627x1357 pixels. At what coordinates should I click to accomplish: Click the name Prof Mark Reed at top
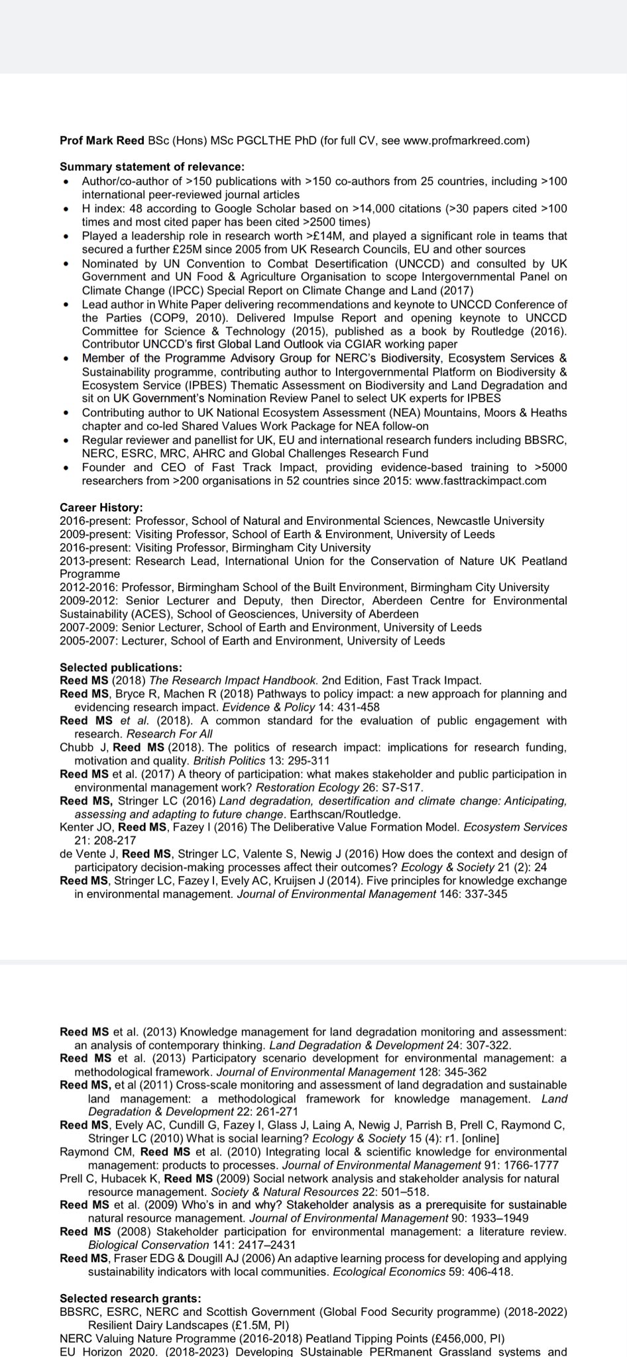pyautogui.click(x=102, y=140)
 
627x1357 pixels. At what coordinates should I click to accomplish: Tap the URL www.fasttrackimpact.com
pyautogui.click(x=481, y=481)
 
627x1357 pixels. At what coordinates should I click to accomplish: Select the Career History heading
pyautogui.click(x=101, y=508)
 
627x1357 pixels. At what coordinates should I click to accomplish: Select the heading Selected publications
pyautogui.click(x=121, y=667)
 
